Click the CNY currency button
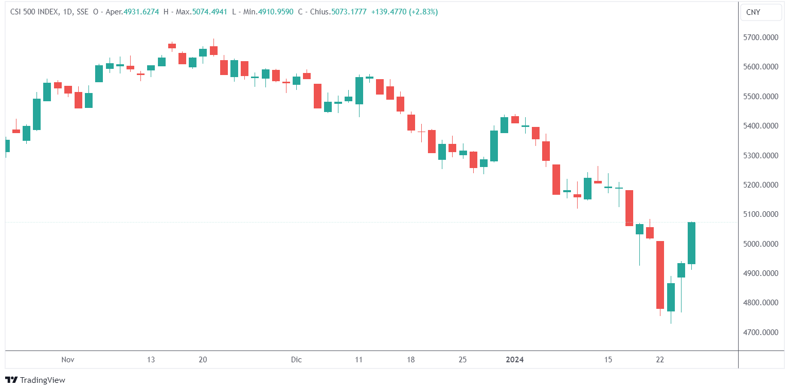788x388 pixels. point(760,12)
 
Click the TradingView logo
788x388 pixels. point(35,380)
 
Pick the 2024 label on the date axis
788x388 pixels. point(514,360)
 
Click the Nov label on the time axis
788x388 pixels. point(67,360)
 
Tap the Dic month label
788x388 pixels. point(296,360)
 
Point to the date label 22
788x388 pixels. point(660,360)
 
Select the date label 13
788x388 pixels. point(151,360)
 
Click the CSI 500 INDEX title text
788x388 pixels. point(35,12)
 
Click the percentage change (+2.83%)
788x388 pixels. point(423,12)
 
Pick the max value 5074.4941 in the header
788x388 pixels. point(209,12)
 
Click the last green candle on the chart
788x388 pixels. point(691,243)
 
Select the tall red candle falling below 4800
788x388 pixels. point(660,274)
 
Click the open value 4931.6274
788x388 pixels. point(141,12)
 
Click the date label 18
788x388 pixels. point(410,360)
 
